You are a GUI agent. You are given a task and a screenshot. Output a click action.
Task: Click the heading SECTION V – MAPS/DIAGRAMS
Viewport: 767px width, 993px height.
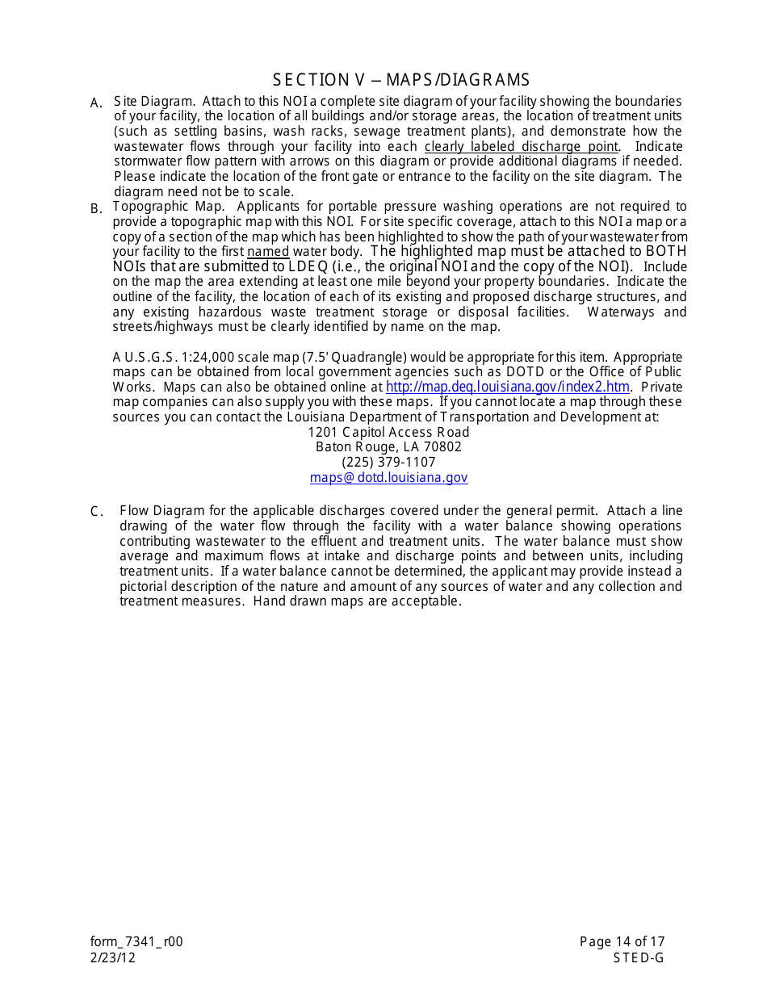coord(401,79)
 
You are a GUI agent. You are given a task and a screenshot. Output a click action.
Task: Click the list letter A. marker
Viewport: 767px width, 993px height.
coord(96,103)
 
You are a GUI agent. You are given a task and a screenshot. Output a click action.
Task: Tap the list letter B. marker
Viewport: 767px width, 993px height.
coord(96,208)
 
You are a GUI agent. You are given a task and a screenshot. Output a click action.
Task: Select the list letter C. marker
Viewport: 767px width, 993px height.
coord(96,511)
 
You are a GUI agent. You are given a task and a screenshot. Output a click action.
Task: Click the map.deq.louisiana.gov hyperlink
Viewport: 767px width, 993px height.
coord(507,387)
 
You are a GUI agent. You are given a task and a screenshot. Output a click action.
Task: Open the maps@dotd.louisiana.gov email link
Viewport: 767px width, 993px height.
coord(388,477)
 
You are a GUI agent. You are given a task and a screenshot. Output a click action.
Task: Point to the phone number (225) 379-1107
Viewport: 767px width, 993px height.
coord(388,462)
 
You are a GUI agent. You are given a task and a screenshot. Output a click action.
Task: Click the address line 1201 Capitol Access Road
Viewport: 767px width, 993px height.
coord(388,432)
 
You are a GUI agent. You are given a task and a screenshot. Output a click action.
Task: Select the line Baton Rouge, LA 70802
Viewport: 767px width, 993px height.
coord(388,446)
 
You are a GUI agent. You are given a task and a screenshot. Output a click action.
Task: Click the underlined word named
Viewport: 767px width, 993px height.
coord(268,252)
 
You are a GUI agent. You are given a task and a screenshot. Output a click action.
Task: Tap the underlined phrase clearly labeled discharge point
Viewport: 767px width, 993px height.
coord(522,146)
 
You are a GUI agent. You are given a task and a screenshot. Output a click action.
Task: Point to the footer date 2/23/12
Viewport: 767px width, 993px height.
coord(114,957)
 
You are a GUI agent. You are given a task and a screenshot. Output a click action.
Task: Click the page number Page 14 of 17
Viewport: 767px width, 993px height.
coord(622,941)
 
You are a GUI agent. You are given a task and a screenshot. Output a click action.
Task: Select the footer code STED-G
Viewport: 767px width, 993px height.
coord(638,957)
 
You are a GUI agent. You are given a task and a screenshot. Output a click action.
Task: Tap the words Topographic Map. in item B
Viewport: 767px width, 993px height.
coord(169,207)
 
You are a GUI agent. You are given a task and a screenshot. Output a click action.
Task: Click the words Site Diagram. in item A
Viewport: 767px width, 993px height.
coord(154,101)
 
